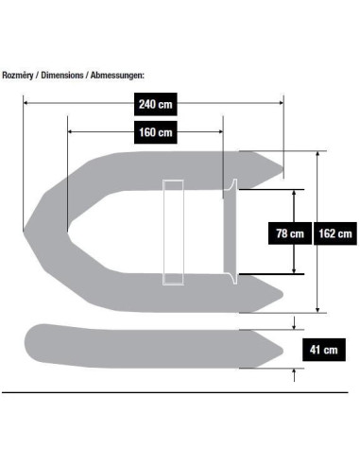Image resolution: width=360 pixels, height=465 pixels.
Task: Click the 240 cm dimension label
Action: (156, 104)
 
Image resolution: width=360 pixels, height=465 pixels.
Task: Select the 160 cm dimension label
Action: (156, 132)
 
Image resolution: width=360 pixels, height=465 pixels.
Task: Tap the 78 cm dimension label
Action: (290, 233)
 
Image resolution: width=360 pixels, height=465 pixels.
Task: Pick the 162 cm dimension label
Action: (335, 233)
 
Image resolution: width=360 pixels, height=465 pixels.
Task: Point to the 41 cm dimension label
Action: (324, 350)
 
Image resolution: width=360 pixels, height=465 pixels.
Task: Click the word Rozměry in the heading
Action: (18, 76)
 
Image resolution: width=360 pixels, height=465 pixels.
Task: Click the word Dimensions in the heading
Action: (62, 76)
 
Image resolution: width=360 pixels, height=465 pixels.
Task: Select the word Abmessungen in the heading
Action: (117, 76)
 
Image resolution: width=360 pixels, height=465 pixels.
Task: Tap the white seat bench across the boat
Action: (173, 232)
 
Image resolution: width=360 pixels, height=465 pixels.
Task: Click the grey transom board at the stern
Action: (231, 232)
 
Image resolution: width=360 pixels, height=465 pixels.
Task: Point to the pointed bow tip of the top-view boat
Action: (25, 232)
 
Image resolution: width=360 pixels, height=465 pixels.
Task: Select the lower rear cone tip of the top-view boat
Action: (282, 295)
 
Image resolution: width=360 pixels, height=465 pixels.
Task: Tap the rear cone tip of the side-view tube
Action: (282, 351)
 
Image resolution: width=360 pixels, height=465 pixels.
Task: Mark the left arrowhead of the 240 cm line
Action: (26, 103)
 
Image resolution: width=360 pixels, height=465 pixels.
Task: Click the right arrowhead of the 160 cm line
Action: (220, 131)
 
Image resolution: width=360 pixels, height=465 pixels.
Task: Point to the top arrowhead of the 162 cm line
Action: (317, 154)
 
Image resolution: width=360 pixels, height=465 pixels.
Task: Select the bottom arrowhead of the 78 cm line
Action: (294, 270)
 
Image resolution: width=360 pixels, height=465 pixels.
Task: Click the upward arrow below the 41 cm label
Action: (294, 375)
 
